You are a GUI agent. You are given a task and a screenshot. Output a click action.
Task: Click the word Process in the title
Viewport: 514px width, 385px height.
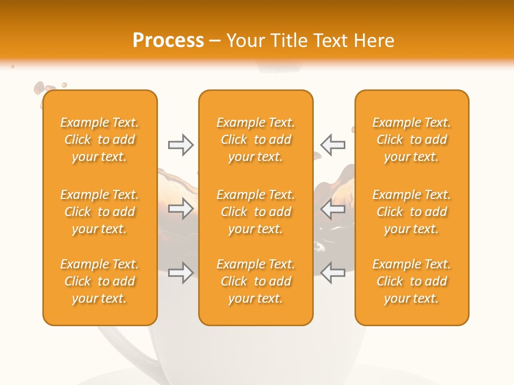pos(168,41)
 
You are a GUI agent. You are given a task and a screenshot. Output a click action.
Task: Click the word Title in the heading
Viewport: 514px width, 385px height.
pos(290,41)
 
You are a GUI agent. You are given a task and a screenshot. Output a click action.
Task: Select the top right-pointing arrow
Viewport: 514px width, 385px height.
pos(180,145)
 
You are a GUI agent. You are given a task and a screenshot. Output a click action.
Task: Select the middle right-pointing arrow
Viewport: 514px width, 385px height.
pos(180,209)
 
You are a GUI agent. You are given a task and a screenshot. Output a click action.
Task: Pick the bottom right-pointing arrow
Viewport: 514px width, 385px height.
pos(180,273)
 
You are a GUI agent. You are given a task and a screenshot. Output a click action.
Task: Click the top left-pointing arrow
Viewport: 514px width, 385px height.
pos(332,145)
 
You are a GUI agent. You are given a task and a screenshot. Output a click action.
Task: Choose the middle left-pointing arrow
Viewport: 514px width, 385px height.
pos(332,209)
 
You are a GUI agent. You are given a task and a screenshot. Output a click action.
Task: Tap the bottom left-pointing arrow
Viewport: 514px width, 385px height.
pos(332,273)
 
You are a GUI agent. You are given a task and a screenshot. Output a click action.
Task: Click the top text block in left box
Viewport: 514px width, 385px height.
pos(100,140)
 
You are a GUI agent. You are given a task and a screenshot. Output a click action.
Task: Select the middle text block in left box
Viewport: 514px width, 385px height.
pos(100,212)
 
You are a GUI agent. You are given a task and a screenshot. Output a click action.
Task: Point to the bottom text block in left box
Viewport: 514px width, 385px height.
pos(100,281)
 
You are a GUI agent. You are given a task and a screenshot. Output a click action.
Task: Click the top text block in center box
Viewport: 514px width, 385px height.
pos(256,140)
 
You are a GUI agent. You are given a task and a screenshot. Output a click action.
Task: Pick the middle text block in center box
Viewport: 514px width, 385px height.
pos(256,212)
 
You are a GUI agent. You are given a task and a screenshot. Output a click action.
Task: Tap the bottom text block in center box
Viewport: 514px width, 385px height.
pos(256,281)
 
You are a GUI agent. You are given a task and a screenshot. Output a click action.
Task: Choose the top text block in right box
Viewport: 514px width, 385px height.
pos(412,140)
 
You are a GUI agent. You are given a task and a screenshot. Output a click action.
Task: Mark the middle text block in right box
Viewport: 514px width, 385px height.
pos(412,212)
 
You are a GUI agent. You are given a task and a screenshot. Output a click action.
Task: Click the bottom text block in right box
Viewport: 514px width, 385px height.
pos(412,281)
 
